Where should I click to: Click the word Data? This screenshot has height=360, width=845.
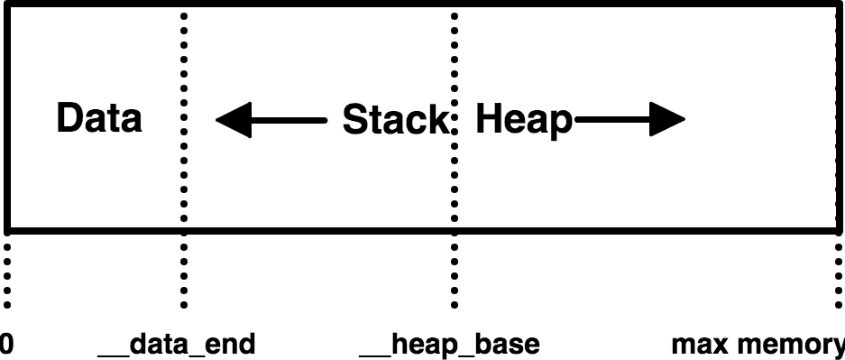pyautogui.click(x=99, y=118)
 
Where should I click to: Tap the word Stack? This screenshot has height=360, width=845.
pyautogui.click(x=395, y=120)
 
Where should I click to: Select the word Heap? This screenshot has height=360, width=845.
pyautogui.click(x=524, y=120)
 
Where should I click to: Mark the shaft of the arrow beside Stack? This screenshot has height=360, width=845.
pyautogui.click(x=289, y=119)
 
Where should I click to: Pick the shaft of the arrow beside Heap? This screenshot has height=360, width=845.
pyautogui.click(x=613, y=119)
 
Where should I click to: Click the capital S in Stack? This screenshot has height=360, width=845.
pyautogui.click(x=354, y=120)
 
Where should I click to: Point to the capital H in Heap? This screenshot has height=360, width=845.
pyautogui.click(x=488, y=119)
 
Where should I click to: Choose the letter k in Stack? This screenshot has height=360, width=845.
pyautogui.click(x=436, y=120)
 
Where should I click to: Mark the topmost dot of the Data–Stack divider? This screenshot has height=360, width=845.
pyautogui.click(x=184, y=15)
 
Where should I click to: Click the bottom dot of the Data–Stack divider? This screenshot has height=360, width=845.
pyautogui.click(x=184, y=218)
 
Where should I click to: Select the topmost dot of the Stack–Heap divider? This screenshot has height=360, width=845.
pyautogui.click(x=454, y=15)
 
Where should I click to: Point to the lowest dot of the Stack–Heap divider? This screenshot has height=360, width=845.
pyautogui.click(x=454, y=218)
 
